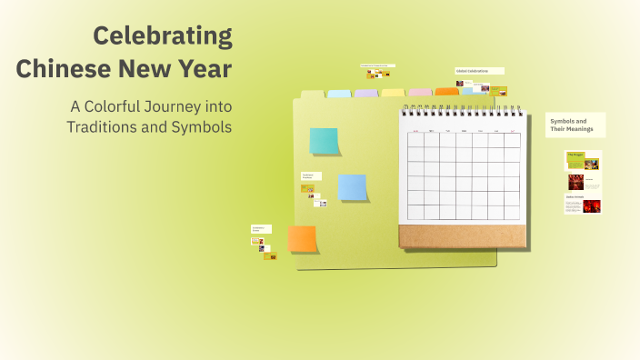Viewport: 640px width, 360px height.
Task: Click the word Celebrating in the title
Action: (163, 36)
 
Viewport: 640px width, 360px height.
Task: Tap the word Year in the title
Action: (206, 68)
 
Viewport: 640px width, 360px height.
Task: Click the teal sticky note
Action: (324, 141)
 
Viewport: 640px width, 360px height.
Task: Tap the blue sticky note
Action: (352, 186)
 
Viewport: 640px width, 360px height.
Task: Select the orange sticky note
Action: (302, 239)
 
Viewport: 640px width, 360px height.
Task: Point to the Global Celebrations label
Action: (478, 71)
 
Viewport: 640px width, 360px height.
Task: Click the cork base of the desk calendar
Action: (462, 236)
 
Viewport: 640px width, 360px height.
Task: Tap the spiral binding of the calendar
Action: (462, 109)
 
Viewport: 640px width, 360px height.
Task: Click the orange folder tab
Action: (446, 91)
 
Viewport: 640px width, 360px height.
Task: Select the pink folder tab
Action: (419, 92)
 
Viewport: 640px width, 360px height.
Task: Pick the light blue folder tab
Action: (339, 93)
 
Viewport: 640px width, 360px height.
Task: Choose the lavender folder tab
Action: (365, 93)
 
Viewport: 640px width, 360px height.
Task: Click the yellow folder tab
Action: (393, 92)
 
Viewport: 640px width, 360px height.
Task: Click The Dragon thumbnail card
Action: (583, 160)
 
